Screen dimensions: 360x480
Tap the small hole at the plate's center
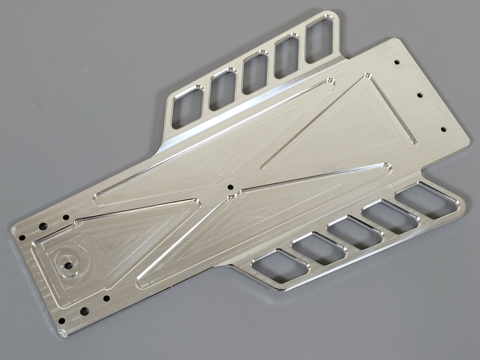pyautogui.click(x=229, y=188)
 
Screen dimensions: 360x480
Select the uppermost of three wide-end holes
pyautogui.click(x=396, y=62)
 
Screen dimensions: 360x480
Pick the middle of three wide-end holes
pyautogui.click(x=420, y=95)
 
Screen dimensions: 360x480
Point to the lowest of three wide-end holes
pyautogui.click(x=443, y=128)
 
